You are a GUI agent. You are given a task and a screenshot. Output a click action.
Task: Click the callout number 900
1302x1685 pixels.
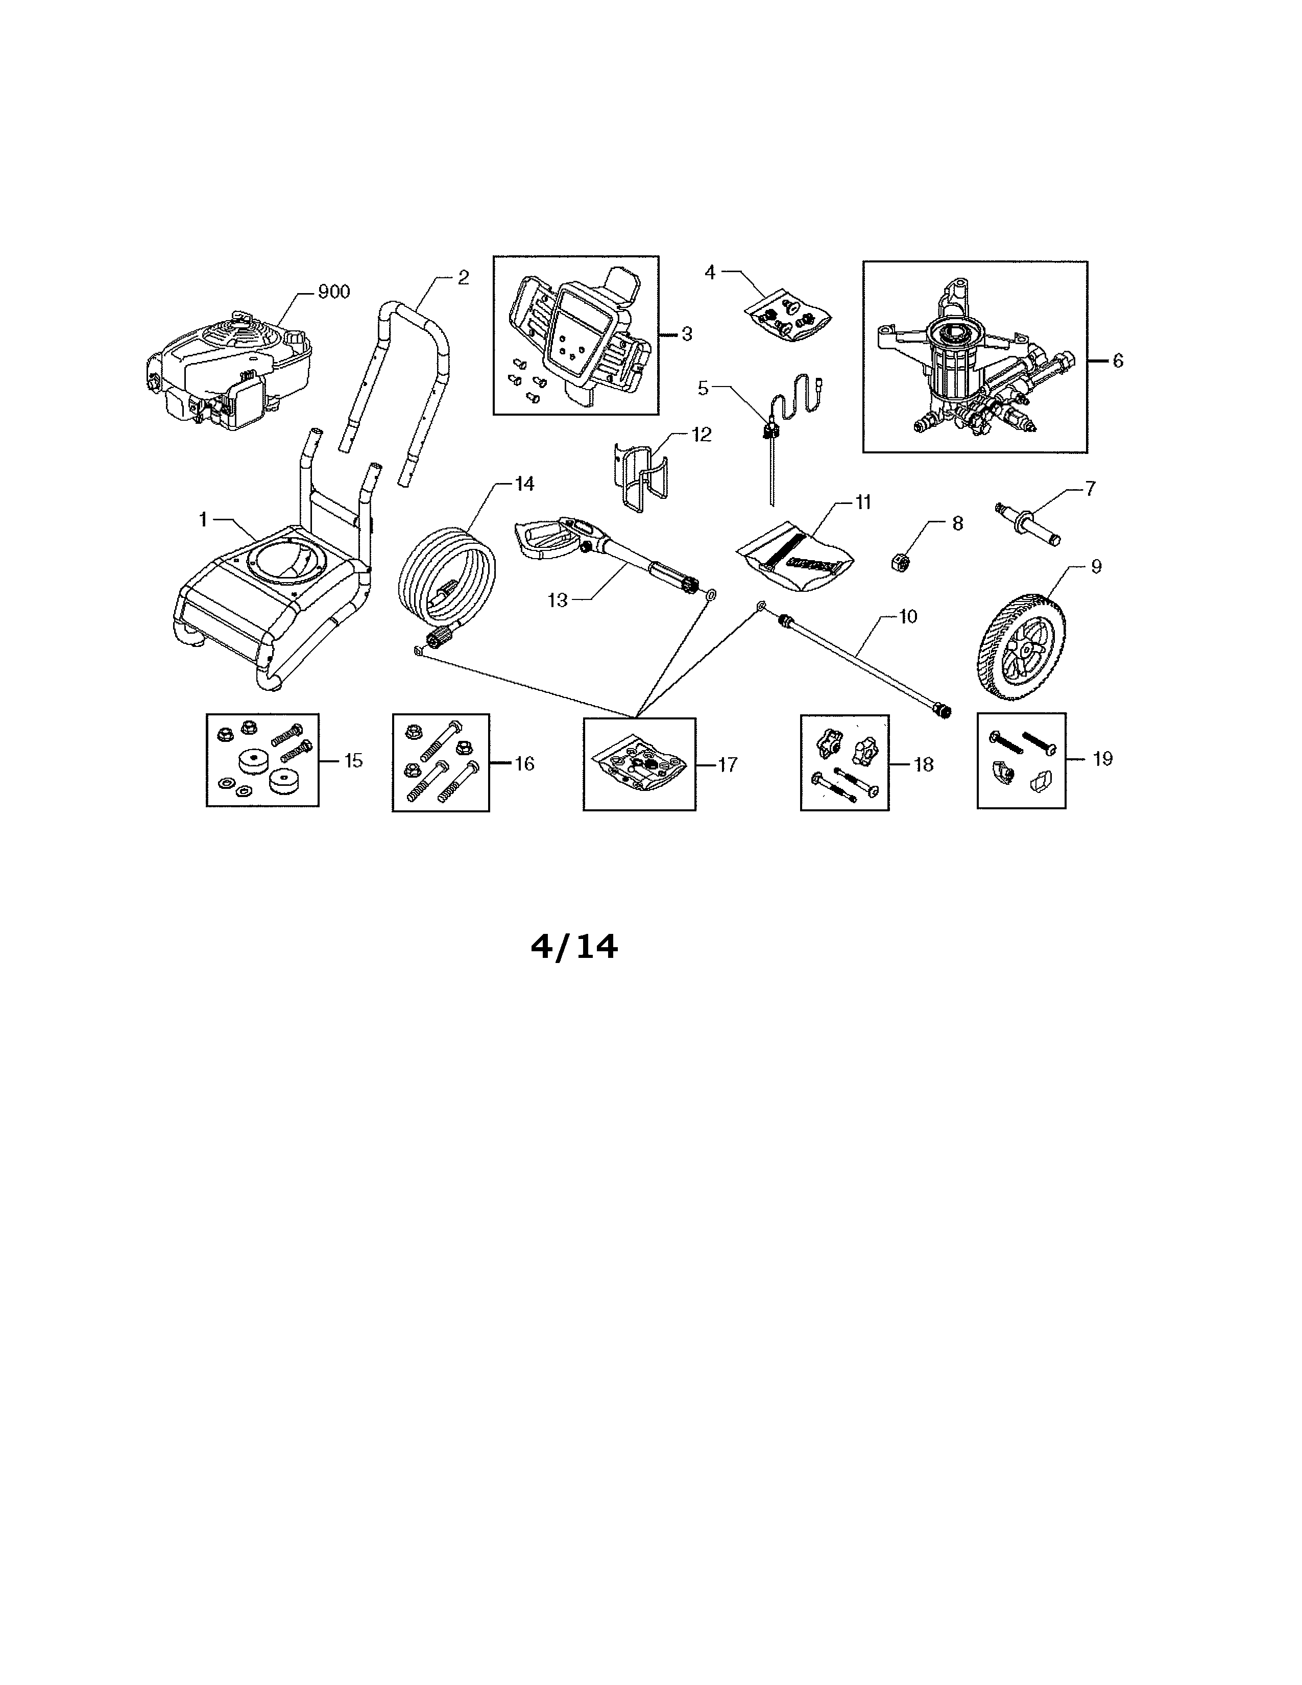(334, 292)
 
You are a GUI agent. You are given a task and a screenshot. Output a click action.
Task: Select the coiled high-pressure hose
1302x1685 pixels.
(445, 589)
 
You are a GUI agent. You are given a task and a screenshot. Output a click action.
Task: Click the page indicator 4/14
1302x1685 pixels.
(574, 947)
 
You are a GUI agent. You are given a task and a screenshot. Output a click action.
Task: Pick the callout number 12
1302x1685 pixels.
(701, 435)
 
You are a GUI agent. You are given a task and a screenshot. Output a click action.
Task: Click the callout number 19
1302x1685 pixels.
(1103, 759)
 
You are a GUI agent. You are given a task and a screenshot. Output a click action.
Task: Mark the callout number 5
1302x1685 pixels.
(703, 388)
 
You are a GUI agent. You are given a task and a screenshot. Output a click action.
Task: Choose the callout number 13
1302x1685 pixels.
(558, 600)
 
